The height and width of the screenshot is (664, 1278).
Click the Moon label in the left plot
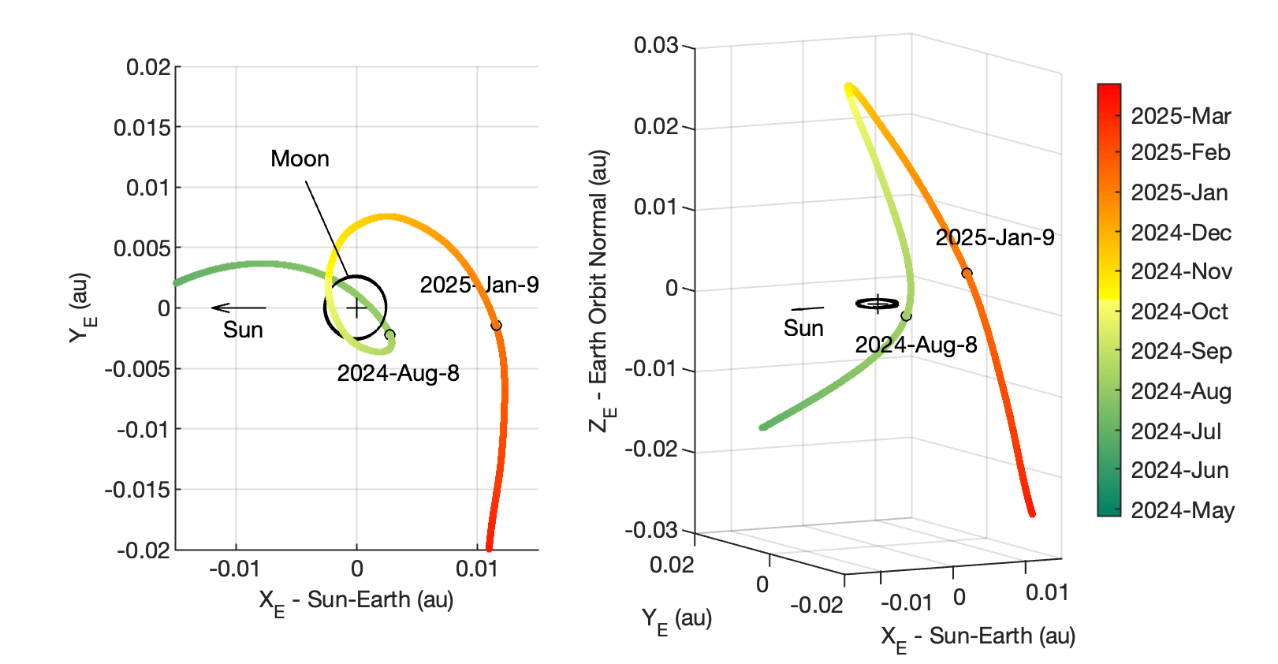[x=300, y=159]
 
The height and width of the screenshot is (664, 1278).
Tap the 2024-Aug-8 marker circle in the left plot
[x=389, y=335]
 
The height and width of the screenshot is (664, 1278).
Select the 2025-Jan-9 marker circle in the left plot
[x=496, y=325]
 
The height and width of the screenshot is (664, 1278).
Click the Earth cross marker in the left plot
[x=356, y=308]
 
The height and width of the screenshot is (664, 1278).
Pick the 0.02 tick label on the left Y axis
[x=148, y=67]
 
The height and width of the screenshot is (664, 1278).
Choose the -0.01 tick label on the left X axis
[x=234, y=569]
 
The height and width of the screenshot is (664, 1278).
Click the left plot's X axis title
[x=356, y=602]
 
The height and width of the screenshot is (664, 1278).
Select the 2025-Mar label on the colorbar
[x=1180, y=116]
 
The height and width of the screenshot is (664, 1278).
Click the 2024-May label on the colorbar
[x=1182, y=510]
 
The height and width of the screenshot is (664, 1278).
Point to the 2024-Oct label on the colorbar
[x=1179, y=311]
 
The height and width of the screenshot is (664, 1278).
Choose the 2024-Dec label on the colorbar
[x=1181, y=233]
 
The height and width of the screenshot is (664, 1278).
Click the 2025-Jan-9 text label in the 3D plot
[x=994, y=237]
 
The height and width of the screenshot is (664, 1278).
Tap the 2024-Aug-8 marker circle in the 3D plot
[x=907, y=316]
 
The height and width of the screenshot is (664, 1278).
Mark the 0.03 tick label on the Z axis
[x=656, y=45]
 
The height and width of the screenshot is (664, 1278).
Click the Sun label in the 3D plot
[x=803, y=328]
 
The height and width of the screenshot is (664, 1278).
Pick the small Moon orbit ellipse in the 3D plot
[x=877, y=304]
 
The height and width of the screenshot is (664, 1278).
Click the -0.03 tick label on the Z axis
[x=653, y=529]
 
